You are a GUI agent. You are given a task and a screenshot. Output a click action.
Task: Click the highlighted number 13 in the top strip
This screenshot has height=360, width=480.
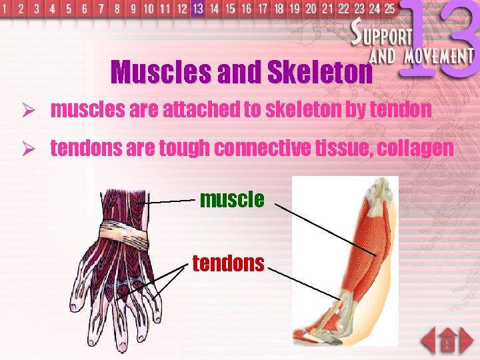(197, 9)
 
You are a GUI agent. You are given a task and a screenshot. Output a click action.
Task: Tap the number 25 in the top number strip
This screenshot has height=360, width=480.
(389, 9)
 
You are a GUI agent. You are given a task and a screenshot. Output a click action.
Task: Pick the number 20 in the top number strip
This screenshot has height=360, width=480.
(311, 9)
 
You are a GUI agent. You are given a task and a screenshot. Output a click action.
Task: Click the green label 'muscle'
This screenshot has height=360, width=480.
(232, 199)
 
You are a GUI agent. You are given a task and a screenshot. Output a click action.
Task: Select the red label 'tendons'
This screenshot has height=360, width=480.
(229, 263)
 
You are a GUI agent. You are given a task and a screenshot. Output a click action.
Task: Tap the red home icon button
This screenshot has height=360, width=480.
(447, 342)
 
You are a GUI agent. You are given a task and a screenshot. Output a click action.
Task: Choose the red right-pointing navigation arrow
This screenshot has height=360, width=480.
(466, 340)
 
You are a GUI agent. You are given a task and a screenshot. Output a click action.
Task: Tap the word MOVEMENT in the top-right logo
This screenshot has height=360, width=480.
(437, 56)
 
